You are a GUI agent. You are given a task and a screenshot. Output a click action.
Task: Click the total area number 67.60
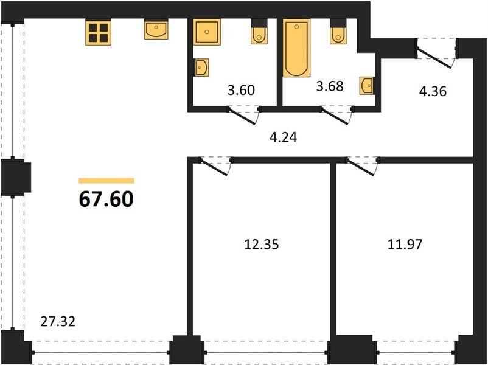pos(106,199)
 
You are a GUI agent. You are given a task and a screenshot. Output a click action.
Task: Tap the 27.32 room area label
pos(58,321)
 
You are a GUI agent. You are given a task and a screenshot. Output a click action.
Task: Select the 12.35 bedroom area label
pos(262,245)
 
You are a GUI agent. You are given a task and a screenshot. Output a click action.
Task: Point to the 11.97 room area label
pos(405,245)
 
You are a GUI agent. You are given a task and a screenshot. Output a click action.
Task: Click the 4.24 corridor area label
pos(283,137)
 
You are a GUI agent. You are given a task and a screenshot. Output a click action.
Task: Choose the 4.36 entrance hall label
pos(433,91)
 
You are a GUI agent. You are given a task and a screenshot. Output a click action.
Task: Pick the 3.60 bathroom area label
pos(241,90)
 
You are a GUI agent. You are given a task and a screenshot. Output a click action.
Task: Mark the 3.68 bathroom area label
pos(330,86)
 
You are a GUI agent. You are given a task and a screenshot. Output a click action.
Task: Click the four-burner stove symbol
pos(99,33)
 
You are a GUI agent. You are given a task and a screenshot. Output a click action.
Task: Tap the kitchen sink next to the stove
pos(156,29)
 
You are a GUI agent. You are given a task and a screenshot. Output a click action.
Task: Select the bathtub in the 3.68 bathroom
pos(296,48)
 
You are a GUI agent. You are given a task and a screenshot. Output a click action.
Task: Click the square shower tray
pos(207,32)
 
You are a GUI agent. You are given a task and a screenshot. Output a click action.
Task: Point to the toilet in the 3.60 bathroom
pos(259,32)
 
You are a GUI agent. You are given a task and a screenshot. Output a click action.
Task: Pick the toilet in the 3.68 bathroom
pos(338,32)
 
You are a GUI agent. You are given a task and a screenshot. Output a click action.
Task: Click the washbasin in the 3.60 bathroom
pos(201,68)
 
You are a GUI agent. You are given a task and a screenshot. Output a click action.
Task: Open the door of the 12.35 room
pos(215,167)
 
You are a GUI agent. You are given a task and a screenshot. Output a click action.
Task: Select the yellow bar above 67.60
pos(106,181)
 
